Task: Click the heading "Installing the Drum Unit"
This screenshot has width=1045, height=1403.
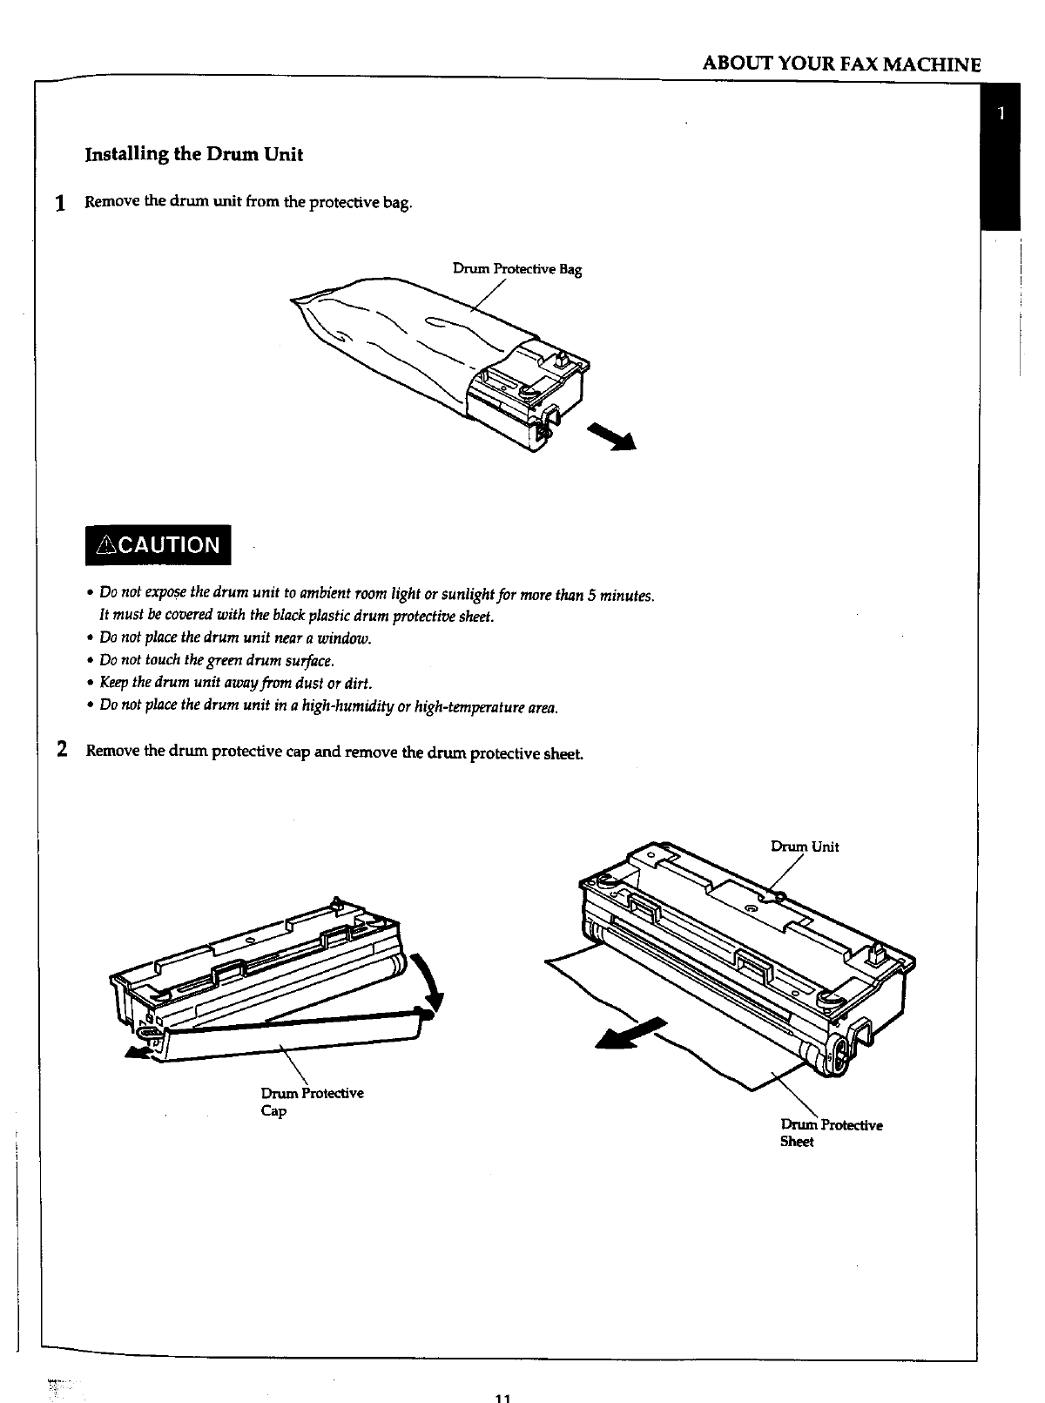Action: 193,155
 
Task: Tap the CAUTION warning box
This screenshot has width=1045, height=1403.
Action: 164,545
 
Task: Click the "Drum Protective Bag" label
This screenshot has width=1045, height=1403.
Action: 516,269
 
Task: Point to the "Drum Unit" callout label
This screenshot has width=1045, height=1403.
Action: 805,847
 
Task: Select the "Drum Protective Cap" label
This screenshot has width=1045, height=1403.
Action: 311,1102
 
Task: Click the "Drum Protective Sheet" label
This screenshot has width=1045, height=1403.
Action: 831,1133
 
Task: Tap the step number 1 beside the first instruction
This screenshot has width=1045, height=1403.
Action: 60,205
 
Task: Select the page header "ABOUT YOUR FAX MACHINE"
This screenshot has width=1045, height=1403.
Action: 841,64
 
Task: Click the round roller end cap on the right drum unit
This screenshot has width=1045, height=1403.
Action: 834,1056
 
